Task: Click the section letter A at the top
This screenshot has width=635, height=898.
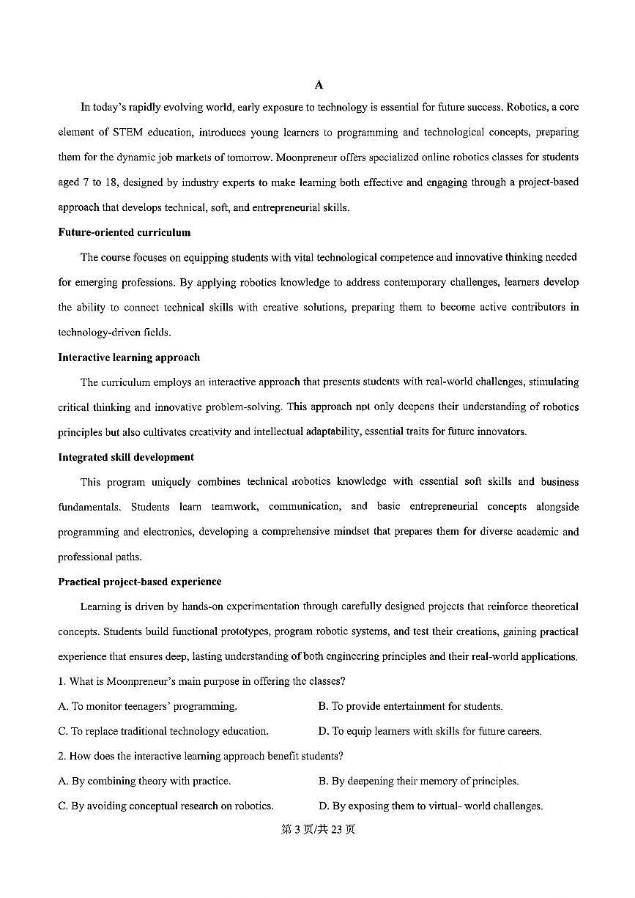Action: (x=319, y=85)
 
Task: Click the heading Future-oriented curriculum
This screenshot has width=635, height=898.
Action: (x=124, y=232)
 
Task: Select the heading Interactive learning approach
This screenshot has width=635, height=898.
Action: (x=129, y=357)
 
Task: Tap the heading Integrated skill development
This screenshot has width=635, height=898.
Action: (x=126, y=457)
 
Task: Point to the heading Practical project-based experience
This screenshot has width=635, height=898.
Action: (x=139, y=582)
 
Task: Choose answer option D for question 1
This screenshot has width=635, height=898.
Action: (x=429, y=731)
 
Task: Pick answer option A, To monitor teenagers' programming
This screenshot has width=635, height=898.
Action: (x=147, y=706)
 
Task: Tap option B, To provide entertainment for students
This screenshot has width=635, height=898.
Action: (x=410, y=706)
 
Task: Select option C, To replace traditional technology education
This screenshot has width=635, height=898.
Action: (x=163, y=731)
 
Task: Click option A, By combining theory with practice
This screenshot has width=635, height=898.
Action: (x=144, y=781)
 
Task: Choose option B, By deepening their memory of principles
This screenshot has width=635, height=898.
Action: (x=418, y=781)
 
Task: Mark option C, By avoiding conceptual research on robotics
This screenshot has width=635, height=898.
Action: (x=166, y=806)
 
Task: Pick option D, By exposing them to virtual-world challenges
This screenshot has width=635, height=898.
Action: (x=430, y=806)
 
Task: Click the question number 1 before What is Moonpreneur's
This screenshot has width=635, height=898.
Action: (x=61, y=681)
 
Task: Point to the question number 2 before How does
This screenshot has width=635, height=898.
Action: (x=61, y=756)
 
